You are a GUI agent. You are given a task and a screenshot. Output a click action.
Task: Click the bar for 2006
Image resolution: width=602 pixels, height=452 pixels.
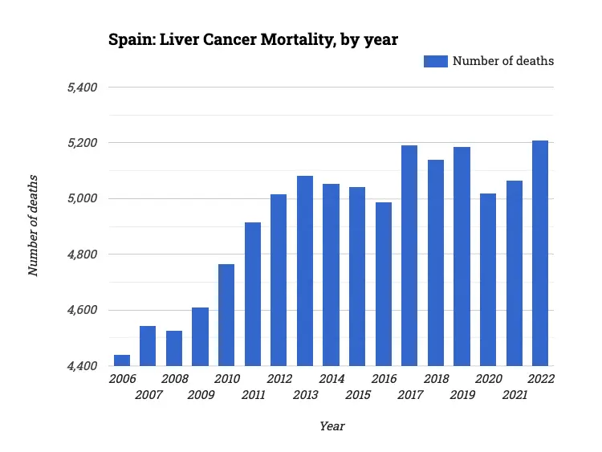pyautogui.click(x=122, y=360)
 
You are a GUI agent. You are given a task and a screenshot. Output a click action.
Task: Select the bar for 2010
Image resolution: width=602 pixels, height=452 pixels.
pyautogui.click(x=226, y=315)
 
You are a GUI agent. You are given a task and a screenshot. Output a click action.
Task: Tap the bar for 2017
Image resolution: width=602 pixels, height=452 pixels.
pyautogui.click(x=409, y=255)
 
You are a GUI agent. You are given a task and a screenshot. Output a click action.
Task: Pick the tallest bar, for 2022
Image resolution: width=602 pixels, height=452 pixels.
pyautogui.click(x=540, y=253)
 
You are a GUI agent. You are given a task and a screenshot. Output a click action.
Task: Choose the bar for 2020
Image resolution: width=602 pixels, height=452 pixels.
pyautogui.click(x=488, y=279)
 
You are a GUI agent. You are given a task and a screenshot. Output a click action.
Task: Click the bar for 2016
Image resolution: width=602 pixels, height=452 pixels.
pyautogui.click(x=384, y=284)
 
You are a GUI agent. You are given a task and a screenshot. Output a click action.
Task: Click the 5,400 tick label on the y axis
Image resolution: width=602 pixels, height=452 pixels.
pyautogui.click(x=80, y=87)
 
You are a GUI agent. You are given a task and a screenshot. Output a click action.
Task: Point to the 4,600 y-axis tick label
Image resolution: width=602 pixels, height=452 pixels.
pyautogui.click(x=80, y=310)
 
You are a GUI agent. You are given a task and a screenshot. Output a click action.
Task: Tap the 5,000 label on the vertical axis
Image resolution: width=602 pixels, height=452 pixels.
pyautogui.click(x=80, y=198)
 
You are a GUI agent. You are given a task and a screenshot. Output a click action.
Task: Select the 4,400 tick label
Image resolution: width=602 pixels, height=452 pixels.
pyautogui.click(x=80, y=366)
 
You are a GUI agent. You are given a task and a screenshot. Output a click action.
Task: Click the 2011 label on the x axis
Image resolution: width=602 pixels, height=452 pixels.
pyautogui.click(x=253, y=395)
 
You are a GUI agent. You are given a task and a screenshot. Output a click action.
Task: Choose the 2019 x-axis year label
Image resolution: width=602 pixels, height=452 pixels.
pyautogui.click(x=462, y=395)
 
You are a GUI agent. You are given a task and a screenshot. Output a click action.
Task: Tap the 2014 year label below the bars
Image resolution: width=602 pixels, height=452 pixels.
pyautogui.click(x=331, y=379)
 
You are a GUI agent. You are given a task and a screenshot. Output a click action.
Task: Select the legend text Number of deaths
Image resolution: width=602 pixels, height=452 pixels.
pyautogui.click(x=503, y=61)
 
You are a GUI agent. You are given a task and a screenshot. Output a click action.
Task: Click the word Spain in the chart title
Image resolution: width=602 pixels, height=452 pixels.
pyautogui.click(x=128, y=39)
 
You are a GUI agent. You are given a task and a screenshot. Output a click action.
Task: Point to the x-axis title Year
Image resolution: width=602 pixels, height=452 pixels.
pyautogui.click(x=332, y=426)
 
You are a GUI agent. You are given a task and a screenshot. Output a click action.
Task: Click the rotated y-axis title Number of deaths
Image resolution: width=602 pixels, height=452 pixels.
pyautogui.click(x=34, y=225)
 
